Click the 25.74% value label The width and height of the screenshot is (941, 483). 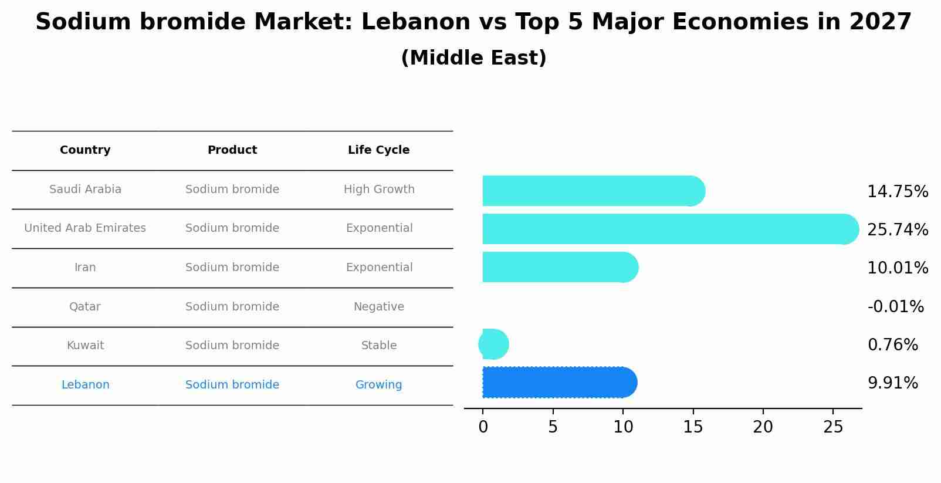[897, 229]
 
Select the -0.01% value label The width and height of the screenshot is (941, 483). [895, 306]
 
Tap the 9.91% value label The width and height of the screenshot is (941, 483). [892, 383]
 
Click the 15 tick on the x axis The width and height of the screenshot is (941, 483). [693, 427]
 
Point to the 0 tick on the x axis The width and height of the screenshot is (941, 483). [483, 427]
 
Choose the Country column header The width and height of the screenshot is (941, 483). [85, 150]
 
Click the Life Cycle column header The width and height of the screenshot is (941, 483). [378, 150]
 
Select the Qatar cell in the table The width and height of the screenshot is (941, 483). [85, 306]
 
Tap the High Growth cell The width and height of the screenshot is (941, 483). [379, 190]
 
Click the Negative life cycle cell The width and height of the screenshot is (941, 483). [378, 306]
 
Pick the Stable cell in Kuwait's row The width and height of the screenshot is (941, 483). [378, 346]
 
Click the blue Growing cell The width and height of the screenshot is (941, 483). [378, 385]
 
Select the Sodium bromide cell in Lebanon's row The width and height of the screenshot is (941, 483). [232, 385]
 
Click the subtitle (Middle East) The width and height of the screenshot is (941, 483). [473, 58]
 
